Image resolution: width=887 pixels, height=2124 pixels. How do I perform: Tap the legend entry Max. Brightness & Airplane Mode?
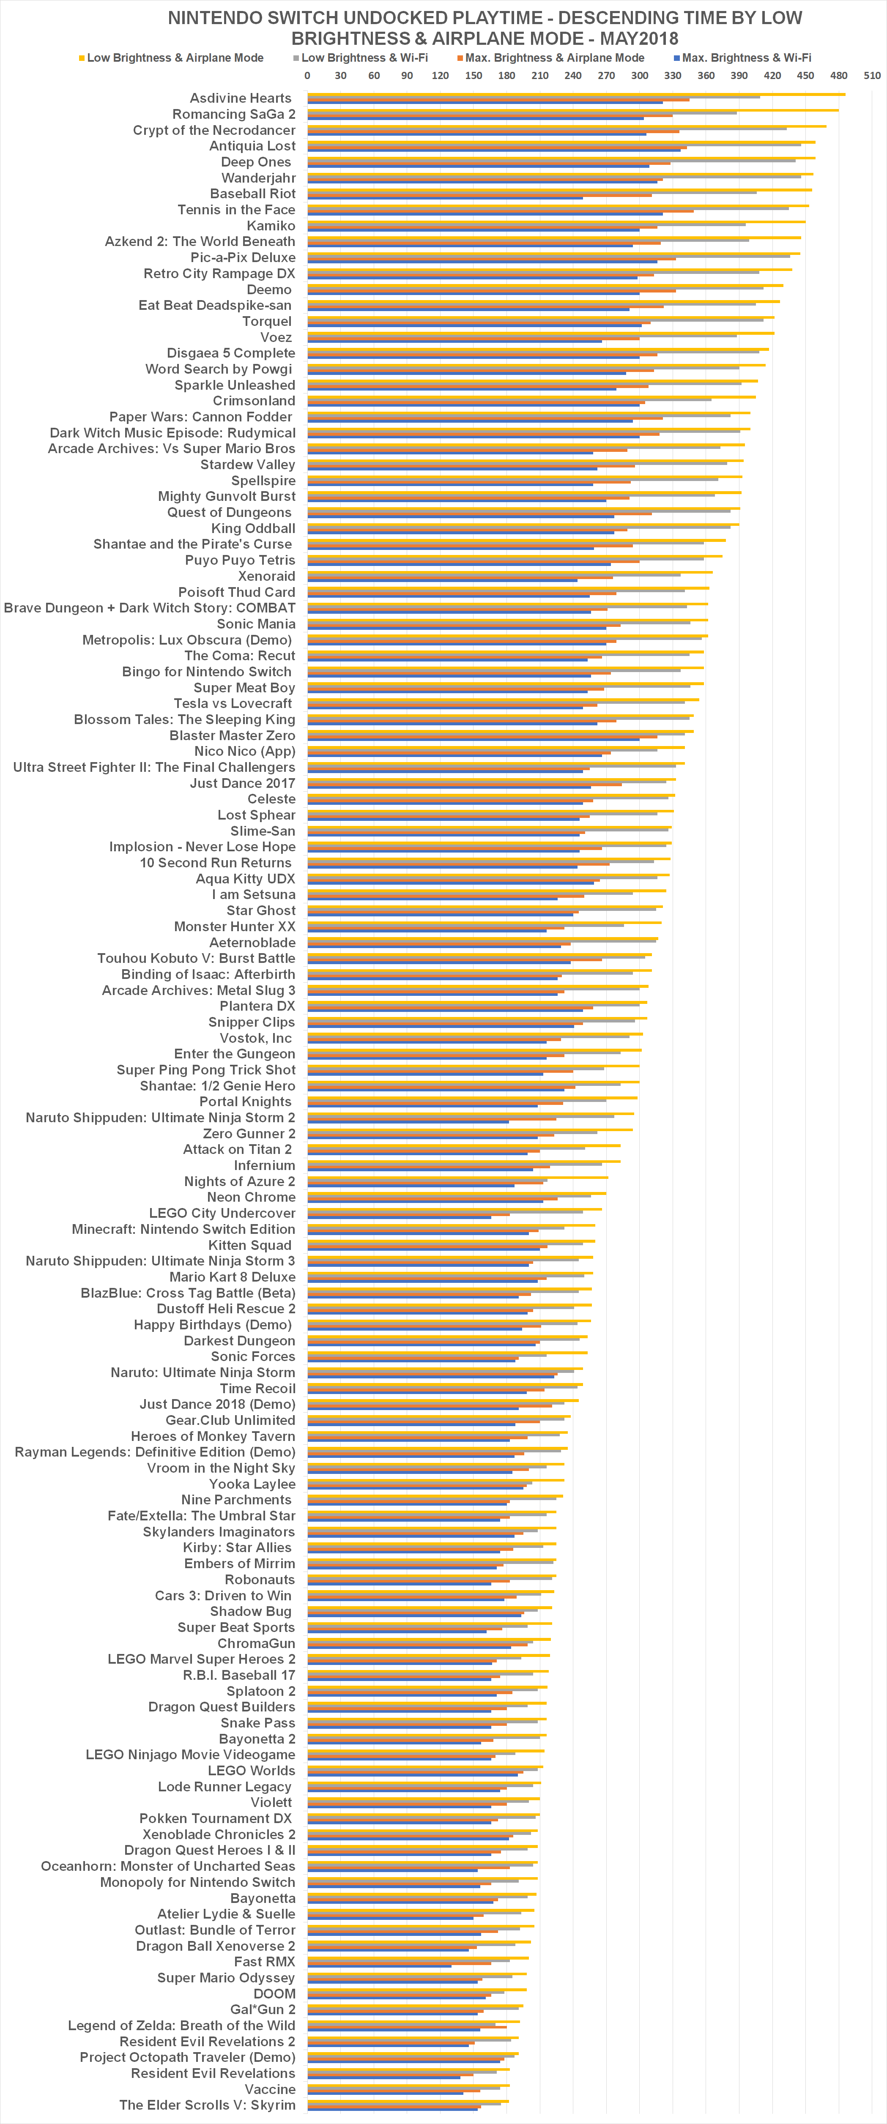[x=554, y=58]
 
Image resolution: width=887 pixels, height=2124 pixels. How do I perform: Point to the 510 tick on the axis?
[x=871, y=76]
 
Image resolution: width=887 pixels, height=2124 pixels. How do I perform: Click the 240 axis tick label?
[x=573, y=76]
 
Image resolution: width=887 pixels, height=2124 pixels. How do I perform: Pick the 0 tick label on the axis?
[x=307, y=76]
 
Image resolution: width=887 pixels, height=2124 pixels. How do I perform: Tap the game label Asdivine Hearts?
[x=241, y=98]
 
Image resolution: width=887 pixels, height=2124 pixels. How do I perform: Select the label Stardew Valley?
[x=247, y=465]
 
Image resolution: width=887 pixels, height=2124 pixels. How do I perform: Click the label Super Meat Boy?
[x=244, y=688]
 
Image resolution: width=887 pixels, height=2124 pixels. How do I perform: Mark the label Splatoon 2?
[x=260, y=1691]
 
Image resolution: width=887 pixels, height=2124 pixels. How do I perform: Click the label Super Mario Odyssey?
[x=226, y=1978]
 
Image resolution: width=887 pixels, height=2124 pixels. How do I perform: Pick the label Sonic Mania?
[x=255, y=624]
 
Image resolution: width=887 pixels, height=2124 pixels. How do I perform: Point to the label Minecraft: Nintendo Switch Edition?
[x=183, y=1229]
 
